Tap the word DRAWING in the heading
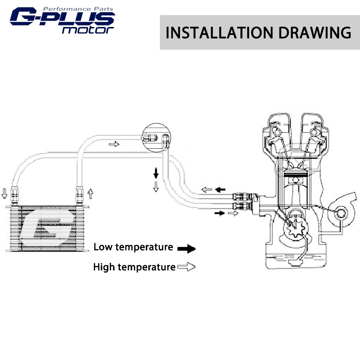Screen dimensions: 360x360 tap(315, 33)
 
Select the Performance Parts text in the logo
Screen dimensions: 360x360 tap(78, 9)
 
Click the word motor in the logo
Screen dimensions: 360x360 tap(88, 30)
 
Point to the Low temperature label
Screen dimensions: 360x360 tap(133, 247)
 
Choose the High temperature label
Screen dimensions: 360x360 tap(134, 267)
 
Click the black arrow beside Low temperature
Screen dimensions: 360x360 tap(186, 248)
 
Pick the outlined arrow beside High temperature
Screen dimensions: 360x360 tap(186, 267)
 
